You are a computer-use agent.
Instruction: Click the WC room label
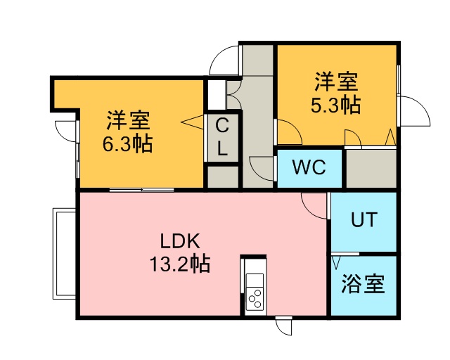[309, 167]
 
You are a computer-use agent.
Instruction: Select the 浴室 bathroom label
[363, 284]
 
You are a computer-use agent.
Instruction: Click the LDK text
[180, 241]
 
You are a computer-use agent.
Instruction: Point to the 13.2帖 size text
[180, 263]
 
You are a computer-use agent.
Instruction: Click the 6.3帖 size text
[128, 143]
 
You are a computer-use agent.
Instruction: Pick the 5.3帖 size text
[336, 105]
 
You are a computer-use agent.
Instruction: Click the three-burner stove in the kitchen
[255, 298]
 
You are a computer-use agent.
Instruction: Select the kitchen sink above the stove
[255, 279]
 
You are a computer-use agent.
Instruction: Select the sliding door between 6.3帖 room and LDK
[142, 189]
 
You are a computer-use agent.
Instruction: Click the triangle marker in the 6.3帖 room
[192, 122]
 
